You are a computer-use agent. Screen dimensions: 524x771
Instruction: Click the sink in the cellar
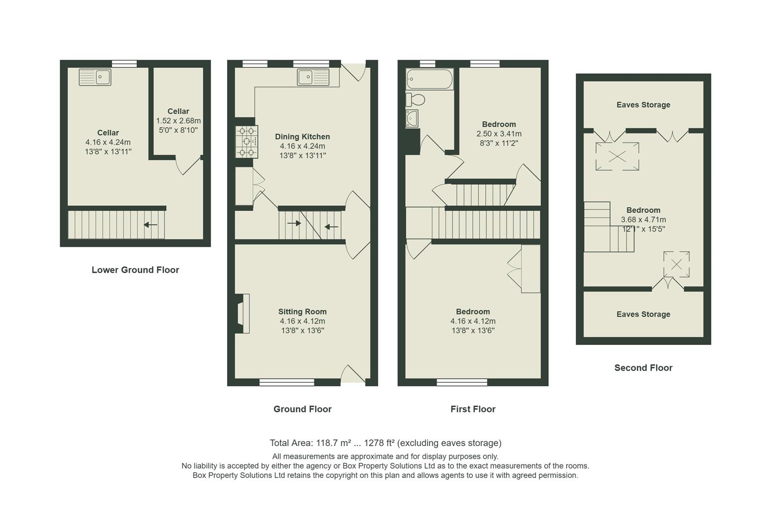coord(95,77)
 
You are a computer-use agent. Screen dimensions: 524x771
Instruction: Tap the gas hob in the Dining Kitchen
coord(246,142)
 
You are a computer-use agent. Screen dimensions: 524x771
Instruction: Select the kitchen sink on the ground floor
coord(313,77)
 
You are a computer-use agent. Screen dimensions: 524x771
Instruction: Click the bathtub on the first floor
coord(429,78)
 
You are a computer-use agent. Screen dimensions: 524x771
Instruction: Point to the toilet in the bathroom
coord(415,99)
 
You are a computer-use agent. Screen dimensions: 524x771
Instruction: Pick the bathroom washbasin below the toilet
coord(412,118)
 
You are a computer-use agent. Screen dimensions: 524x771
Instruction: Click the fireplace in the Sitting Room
coord(242,313)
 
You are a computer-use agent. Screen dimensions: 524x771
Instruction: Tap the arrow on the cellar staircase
coord(150,225)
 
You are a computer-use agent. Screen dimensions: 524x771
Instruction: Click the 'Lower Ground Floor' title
coord(135,270)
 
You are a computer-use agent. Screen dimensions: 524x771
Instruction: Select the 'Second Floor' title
coord(643,368)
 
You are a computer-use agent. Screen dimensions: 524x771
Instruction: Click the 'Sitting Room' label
coord(302,311)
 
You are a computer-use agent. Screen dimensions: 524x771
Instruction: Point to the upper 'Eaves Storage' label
coord(643,105)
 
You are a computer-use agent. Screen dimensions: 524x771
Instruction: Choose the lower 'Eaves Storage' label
coord(643,314)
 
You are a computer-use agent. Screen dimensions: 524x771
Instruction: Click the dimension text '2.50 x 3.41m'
coord(499,134)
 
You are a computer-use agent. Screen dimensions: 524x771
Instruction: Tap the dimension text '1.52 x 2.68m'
coord(178,121)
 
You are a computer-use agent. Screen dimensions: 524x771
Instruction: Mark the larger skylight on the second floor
coord(617,156)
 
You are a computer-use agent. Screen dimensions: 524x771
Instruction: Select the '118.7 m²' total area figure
coord(333,443)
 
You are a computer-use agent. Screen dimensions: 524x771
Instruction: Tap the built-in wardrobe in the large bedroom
coord(530,269)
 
